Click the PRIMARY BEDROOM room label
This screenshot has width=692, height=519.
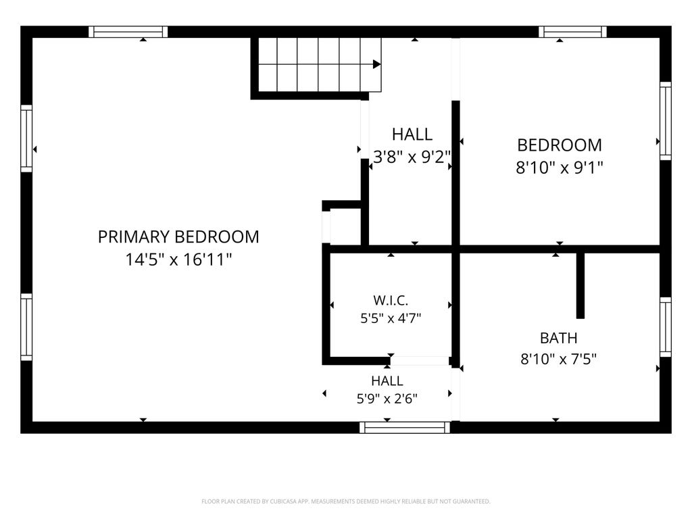click(x=178, y=237)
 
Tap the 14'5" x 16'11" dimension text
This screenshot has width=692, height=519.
click(x=178, y=259)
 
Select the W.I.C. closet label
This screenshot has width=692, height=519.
click(x=391, y=301)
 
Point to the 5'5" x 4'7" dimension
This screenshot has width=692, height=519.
click(x=391, y=318)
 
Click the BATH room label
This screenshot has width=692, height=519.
click(x=559, y=338)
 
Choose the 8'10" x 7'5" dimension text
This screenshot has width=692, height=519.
click(x=559, y=360)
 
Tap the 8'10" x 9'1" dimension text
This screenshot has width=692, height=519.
click(x=560, y=168)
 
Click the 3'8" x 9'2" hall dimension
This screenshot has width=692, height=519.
click(x=412, y=157)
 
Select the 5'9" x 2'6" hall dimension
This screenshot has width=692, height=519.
click(x=387, y=399)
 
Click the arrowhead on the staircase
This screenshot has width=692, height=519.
click(x=377, y=64)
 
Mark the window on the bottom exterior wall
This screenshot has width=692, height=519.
click(x=405, y=427)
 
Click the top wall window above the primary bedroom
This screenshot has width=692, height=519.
click(x=128, y=32)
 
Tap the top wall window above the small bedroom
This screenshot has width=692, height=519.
click(x=572, y=32)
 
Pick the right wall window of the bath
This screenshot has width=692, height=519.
click(x=666, y=327)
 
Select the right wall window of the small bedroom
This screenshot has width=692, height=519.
click(x=666, y=121)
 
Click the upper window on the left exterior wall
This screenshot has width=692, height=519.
click(x=26, y=139)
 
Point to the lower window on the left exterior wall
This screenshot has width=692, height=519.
click(x=26, y=327)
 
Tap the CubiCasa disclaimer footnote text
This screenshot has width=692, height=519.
click(x=346, y=501)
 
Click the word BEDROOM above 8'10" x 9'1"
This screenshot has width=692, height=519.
click(x=560, y=145)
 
